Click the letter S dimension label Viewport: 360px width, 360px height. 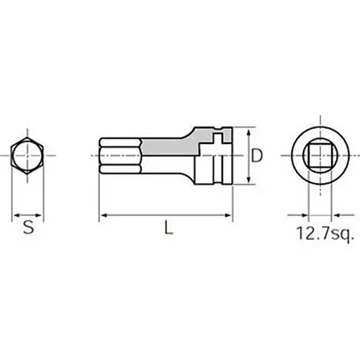[28, 228]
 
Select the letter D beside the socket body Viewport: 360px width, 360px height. [257, 154]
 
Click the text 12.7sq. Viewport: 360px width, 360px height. [323, 233]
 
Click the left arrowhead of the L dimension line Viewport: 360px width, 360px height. [103, 215]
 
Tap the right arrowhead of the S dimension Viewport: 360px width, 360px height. [41, 215]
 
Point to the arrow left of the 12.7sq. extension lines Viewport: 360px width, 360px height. [296, 215]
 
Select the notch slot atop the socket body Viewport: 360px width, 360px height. [214, 135]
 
